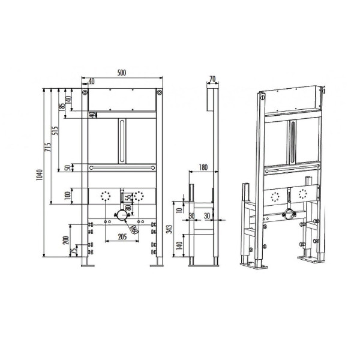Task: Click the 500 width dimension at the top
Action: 122,73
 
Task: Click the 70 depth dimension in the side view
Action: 211,78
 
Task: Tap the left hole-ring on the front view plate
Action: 107,195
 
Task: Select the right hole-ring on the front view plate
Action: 140,195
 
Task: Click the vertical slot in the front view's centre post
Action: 122,140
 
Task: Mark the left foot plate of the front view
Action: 88,263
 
